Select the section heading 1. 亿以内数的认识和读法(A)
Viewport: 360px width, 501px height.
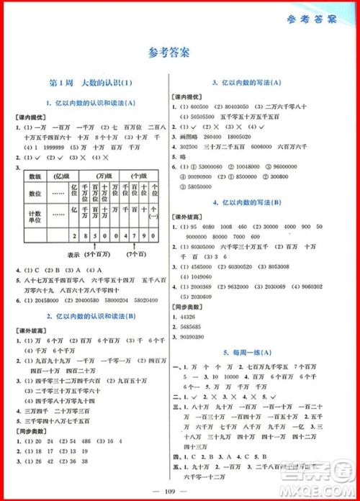tap(87, 103)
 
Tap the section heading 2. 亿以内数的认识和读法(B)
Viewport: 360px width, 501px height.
tap(87, 317)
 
